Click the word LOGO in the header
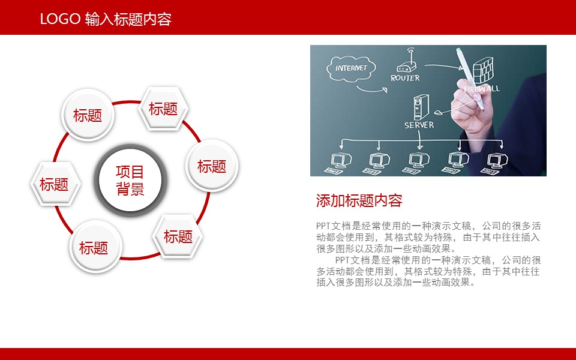(x=60, y=19)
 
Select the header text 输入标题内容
(x=128, y=19)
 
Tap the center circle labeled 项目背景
(x=131, y=180)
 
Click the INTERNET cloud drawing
(x=351, y=68)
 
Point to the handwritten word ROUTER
(x=405, y=78)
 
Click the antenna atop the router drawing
(x=410, y=54)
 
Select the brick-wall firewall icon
(x=482, y=70)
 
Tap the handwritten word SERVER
(x=419, y=125)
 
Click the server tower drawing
(x=421, y=107)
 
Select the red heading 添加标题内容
(x=359, y=200)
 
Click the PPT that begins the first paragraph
(x=323, y=226)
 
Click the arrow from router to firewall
(x=444, y=67)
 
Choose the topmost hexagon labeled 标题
(x=163, y=109)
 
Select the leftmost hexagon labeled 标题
(x=55, y=184)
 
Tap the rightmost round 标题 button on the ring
(x=212, y=166)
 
